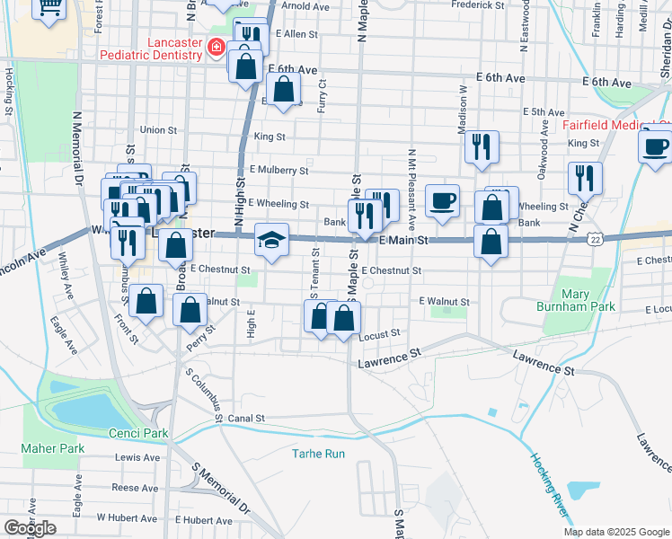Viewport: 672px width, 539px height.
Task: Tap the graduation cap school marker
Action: (271, 240)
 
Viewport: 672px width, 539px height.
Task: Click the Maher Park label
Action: (52, 448)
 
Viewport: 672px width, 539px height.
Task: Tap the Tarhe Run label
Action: (318, 454)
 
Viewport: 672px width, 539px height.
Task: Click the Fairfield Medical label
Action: (616, 125)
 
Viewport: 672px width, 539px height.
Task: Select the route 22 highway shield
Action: (595, 238)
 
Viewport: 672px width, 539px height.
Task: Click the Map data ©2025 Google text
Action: (617, 532)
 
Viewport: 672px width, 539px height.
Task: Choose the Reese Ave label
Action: (135, 488)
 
